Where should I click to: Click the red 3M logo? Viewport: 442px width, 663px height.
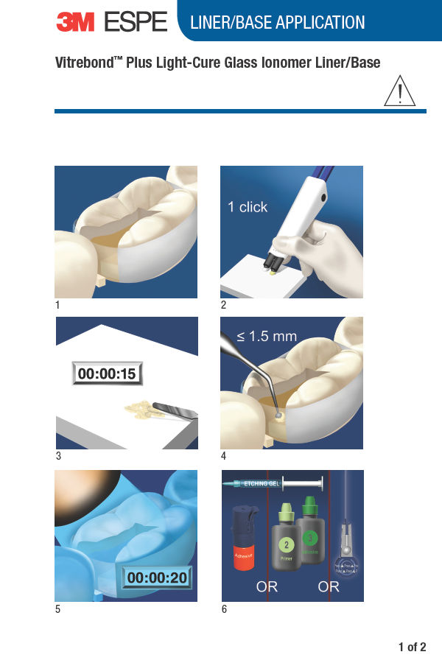[77, 22]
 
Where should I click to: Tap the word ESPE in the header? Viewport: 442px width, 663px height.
[136, 22]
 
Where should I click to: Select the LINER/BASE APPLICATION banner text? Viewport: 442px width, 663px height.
[277, 23]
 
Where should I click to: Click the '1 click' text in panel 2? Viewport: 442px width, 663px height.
[248, 207]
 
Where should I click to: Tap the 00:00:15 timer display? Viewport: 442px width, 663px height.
[107, 373]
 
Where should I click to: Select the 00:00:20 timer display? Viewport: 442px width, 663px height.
[156, 578]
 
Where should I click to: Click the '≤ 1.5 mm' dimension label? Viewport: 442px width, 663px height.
[267, 337]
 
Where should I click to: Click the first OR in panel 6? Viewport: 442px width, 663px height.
[267, 587]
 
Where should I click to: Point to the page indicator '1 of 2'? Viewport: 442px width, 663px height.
[412, 648]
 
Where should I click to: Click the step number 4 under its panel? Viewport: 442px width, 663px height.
[224, 456]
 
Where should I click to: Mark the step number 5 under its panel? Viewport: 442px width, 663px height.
[58, 609]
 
